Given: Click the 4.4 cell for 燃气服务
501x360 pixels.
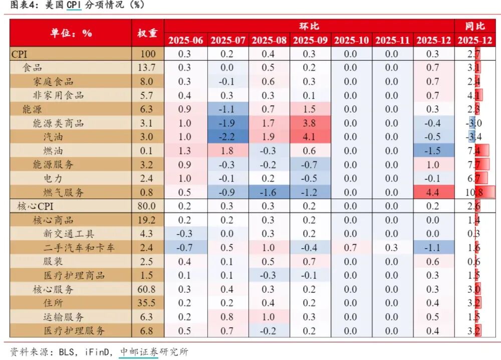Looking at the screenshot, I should coord(433,192).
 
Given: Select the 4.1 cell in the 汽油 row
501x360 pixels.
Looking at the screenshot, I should coord(310,136).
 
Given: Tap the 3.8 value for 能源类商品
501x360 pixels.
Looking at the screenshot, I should coord(310,123).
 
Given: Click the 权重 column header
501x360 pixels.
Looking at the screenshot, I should coord(147,33).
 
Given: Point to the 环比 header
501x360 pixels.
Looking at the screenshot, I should coord(309,26).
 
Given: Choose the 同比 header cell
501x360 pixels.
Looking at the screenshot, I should coord(474,26).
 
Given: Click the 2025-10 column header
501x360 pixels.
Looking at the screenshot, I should coord(351,40).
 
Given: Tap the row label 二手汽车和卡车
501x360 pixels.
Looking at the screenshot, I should coord(79,248).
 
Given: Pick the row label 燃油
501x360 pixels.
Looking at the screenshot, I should coord(53,150).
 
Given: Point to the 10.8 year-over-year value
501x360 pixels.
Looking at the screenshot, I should coord(474,192).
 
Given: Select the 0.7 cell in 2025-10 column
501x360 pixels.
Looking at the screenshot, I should coord(351,248).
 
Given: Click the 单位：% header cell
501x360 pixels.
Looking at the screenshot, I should coord(71,33).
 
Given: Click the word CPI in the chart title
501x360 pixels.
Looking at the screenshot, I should coord(74,5).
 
